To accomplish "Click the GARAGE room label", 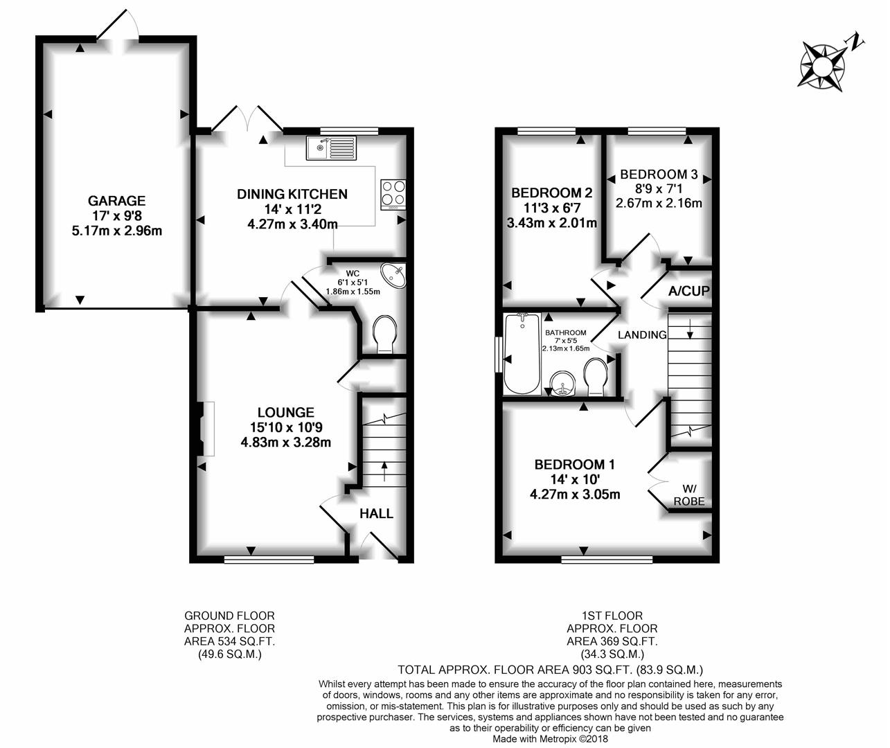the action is coord(116,200).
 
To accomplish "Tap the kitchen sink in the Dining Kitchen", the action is coord(331,148).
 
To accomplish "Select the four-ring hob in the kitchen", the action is coord(393,195).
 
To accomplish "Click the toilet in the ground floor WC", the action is coord(384,335).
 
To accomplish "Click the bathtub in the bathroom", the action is coord(522,353).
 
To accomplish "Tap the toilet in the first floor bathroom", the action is coord(596,377).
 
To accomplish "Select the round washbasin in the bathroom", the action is coord(563,383).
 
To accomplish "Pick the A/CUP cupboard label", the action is coord(689,291).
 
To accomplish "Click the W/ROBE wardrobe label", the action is coord(689,495).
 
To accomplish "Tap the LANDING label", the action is coord(642,335).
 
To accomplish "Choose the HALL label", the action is coord(376,514).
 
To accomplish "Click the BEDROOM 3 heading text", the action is coord(659,175).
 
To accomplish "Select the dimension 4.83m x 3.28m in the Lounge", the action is coord(285,443).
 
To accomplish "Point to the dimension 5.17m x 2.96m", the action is coord(117,231).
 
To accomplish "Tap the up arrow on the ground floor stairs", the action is coord(385,471).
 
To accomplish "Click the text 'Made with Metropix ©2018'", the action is coord(551,739).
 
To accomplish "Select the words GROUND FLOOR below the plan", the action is coord(229,616).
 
